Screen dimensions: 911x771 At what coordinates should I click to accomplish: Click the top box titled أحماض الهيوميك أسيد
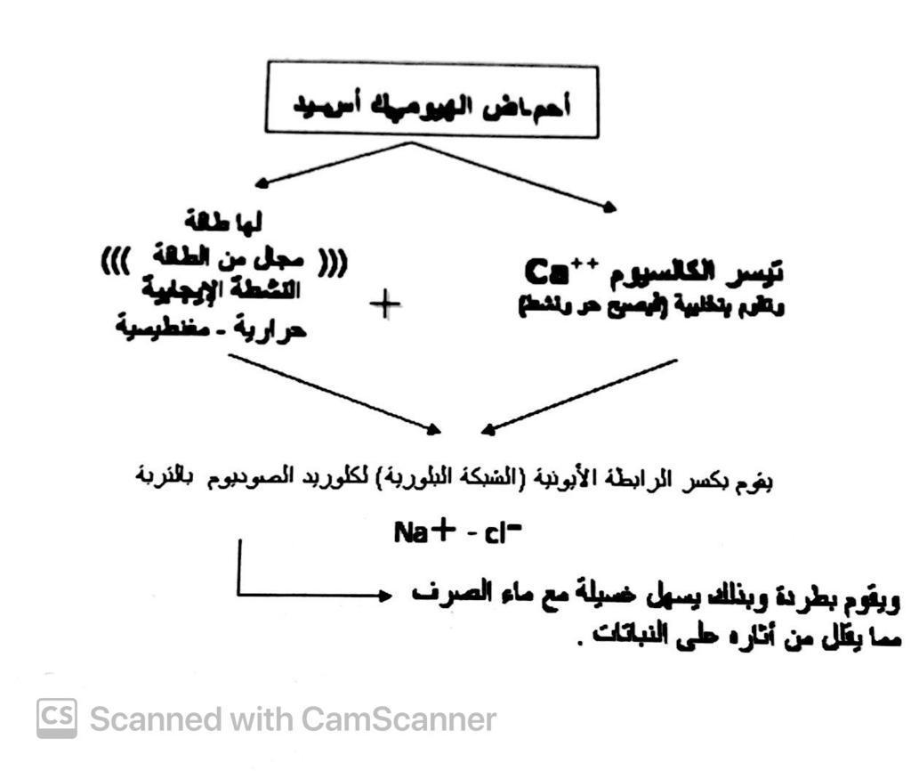tap(431, 101)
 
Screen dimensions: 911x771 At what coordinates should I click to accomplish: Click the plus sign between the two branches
tap(384, 306)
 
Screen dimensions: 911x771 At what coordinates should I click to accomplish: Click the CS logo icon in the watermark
tap(56, 718)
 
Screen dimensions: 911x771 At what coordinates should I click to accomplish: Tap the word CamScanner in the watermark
tap(398, 718)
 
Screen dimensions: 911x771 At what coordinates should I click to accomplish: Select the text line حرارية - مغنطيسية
tap(212, 330)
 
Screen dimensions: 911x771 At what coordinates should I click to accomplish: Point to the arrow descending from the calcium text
tap(578, 397)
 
